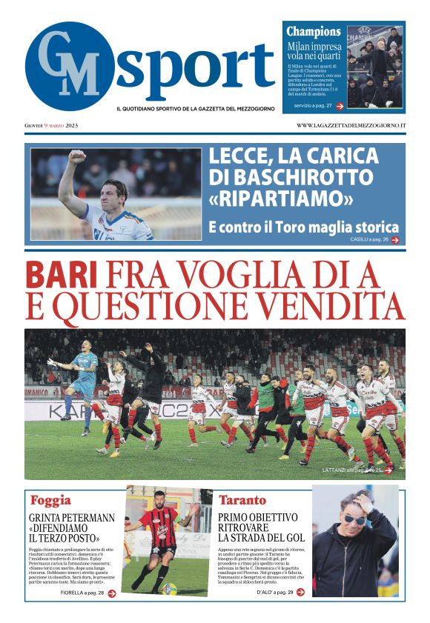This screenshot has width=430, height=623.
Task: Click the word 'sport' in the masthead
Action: coord(196,68)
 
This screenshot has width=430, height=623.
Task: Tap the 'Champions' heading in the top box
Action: coord(314,32)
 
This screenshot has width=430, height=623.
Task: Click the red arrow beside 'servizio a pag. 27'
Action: coord(340,106)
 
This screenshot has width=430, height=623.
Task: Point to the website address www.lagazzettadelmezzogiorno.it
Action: coord(351,125)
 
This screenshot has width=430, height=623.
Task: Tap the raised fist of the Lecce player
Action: coord(76,158)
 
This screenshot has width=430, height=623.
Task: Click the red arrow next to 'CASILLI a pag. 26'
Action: coord(395,240)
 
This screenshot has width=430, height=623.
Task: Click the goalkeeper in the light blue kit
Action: coord(84,374)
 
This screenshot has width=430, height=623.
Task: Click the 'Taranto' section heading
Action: coord(242,499)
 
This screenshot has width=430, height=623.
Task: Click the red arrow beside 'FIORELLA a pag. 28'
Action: coord(112,593)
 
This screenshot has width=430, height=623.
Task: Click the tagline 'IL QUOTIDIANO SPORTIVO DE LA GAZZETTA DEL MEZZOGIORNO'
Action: coord(195,109)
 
